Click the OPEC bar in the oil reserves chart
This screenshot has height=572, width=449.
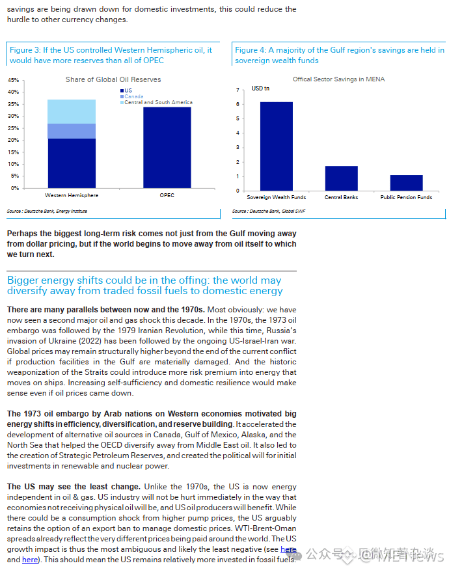pos(167,148)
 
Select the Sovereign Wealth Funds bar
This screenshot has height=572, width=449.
pos(277,146)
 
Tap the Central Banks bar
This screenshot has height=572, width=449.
pos(342,178)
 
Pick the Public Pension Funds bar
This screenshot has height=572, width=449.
pos(407,183)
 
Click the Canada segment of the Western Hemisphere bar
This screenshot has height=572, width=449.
pos(72,131)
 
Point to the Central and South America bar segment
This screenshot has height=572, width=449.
pos(72,111)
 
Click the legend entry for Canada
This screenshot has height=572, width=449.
pos(133,96)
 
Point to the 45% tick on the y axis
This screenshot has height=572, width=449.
pos(13,80)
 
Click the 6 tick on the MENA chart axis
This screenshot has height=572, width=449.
pos(238,104)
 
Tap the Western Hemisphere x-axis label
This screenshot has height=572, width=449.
pos(72,195)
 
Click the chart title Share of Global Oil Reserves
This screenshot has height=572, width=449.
pos(113,80)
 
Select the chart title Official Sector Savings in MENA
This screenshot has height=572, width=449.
pos(338,79)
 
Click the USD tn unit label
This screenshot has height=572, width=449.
pos(260,89)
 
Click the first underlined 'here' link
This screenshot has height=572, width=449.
pos(288,550)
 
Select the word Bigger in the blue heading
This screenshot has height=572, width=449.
pos(23,280)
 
